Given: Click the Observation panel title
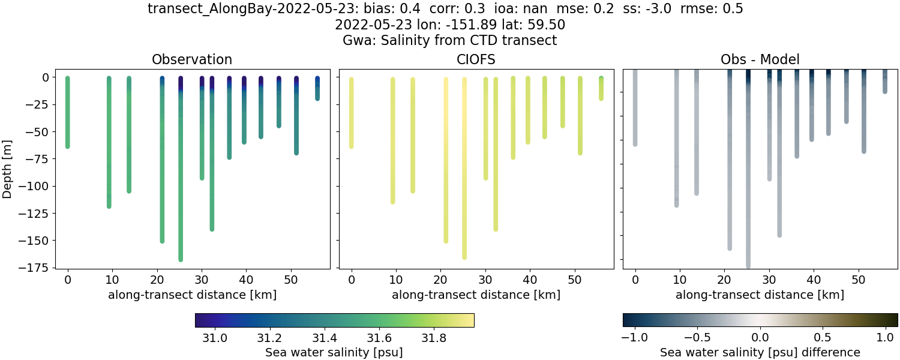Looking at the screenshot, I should [192, 59].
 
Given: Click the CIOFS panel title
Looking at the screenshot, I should [476, 59].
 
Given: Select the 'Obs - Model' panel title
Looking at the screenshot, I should [760, 59].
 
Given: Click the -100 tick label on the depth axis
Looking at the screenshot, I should [38, 186].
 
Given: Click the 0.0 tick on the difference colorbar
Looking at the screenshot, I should [760, 338].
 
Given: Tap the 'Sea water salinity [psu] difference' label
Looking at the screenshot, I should [760, 352].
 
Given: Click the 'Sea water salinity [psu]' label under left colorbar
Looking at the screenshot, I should [334, 352].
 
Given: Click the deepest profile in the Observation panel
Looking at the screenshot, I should [181, 180].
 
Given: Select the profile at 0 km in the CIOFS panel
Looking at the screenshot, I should [352, 114].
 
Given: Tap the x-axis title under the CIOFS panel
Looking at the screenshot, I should [476, 295].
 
